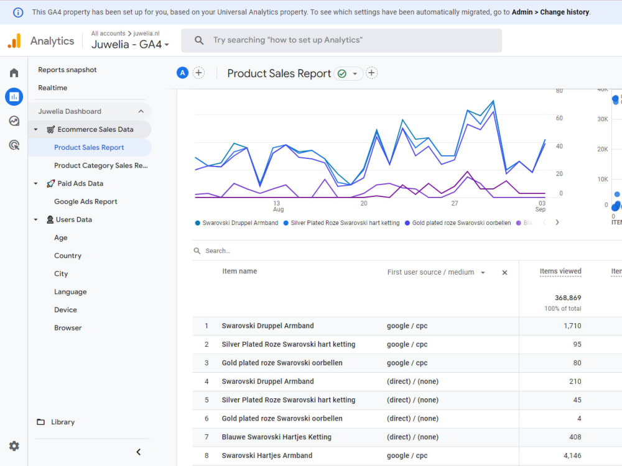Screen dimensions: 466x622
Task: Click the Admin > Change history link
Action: (550, 12)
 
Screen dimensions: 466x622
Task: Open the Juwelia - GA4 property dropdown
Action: (130, 45)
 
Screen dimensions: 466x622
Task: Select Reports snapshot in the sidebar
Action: (67, 70)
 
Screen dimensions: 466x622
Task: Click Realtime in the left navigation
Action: (52, 88)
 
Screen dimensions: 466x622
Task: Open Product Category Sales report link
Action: (100, 165)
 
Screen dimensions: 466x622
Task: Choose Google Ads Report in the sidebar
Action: (85, 201)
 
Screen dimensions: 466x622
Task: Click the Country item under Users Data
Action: (67, 255)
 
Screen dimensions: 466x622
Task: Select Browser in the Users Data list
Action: (67, 327)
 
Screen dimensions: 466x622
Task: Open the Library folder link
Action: (62, 422)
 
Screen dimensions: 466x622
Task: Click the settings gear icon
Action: (14, 446)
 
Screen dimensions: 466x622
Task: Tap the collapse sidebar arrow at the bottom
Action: (138, 452)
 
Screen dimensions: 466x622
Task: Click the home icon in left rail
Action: (14, 73)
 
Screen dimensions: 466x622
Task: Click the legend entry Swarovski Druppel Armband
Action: (239, 222)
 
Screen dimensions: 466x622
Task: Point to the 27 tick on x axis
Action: (455, 203)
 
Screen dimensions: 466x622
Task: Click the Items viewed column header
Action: (560, 271)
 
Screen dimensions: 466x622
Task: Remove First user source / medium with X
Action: (504, 272)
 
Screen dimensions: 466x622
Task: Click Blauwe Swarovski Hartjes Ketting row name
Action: (276, 437)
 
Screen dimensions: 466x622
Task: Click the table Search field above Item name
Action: (249, 251)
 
